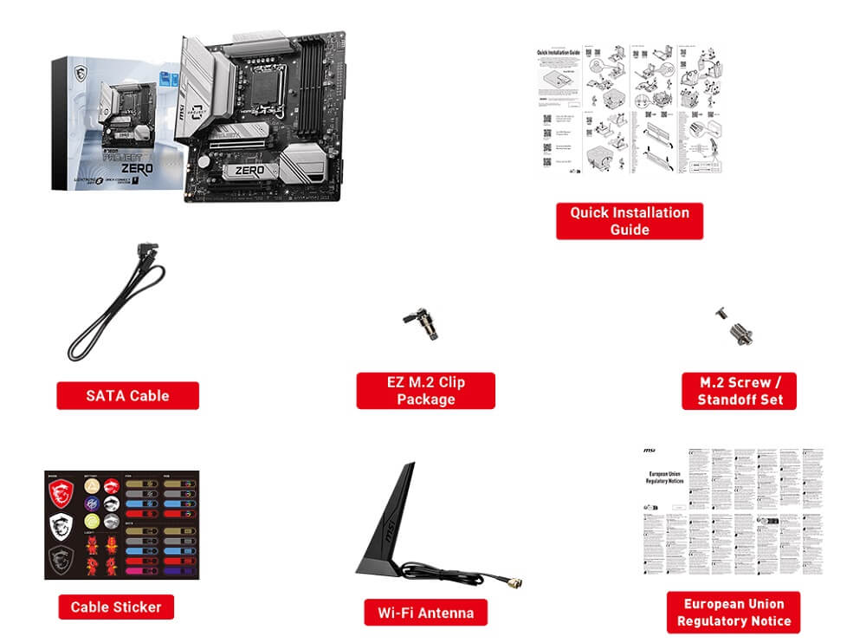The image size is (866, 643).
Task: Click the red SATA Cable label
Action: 127,395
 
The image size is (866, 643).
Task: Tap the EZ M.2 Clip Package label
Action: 425,391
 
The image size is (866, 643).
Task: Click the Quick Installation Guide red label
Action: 629,221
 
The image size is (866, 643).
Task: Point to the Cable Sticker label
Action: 116,607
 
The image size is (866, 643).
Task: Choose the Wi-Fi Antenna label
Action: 425,613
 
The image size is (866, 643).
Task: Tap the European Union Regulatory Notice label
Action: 734,612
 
